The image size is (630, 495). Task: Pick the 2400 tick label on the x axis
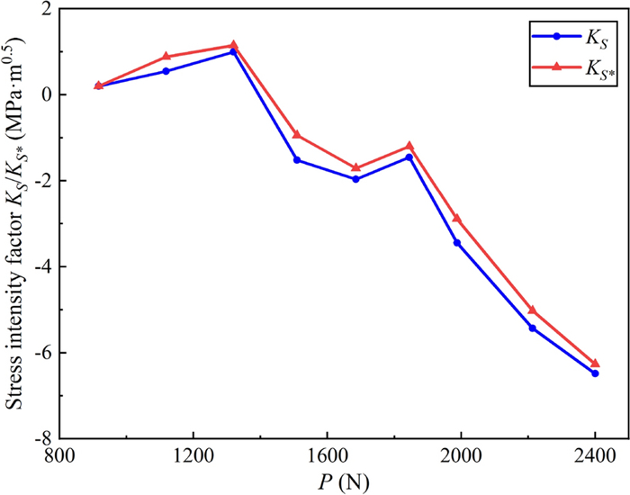[595, 456]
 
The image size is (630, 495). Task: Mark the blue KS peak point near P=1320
[233, 52]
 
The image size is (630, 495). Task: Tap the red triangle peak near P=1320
[233, 45]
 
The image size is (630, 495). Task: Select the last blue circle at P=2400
[595, 373]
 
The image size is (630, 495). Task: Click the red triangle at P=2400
[595, 364]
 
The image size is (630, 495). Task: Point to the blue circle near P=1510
[297, 160]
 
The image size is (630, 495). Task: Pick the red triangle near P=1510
[297, 136]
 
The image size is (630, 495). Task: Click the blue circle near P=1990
[457, 243]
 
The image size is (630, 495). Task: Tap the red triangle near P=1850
[410, 146]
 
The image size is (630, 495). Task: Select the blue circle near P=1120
[166, 71]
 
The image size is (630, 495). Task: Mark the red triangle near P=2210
[532, 310]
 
